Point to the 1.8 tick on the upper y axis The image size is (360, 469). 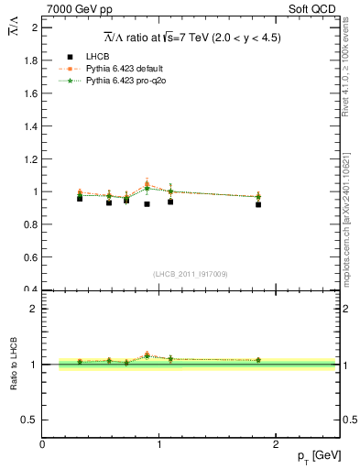32,60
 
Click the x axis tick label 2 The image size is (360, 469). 277,444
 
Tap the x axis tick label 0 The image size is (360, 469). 43,444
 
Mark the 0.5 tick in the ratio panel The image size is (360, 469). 30,420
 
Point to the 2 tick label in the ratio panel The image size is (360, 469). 34,309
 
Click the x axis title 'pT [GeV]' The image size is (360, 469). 318,456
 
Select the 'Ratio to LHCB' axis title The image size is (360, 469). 15,364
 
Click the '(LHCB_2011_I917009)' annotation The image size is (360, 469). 190,273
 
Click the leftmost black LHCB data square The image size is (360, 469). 80,198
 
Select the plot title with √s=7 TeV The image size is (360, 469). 191,38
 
